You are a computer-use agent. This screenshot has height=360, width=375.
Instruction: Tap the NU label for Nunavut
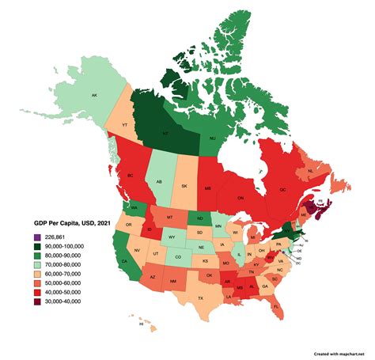tap(214, 138)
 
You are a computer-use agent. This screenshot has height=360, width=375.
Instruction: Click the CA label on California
tap(125, 261)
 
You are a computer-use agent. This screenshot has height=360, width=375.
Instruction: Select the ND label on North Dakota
tap(200, 218)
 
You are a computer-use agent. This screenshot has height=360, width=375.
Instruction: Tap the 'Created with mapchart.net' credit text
tap(343, 353)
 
